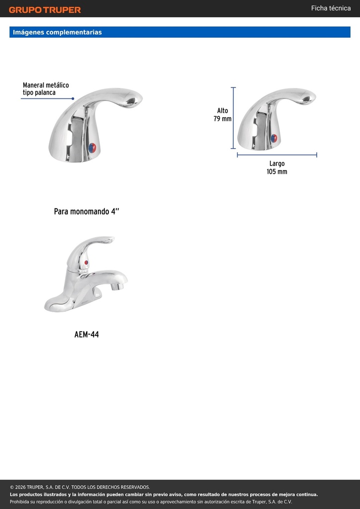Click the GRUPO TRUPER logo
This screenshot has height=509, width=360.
pos(45,10)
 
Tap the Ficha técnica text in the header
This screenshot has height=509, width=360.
pos(331,8)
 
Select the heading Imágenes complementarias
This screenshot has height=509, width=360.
pos(57,32)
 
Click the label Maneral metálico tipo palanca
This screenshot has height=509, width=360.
pos(46,88)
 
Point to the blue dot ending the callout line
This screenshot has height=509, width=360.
pos(73,98)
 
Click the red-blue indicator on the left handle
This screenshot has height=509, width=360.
pos(92,148)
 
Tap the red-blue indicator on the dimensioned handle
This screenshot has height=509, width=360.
pos(274,138)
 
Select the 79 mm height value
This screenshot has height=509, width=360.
pos(222,119)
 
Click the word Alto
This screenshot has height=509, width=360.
pos(222,111)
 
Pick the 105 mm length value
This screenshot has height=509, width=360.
pos(277,171)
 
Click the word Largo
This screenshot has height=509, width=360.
pos(277,164)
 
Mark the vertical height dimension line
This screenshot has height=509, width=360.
pos(233,118)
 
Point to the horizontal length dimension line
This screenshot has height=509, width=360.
pos(277,155)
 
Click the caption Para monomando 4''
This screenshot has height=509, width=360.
pos(87,212)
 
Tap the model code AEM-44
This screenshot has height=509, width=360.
pos(87,335)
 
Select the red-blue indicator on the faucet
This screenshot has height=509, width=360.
pos(86,262)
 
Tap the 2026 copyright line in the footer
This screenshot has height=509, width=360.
pos(80,487)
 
